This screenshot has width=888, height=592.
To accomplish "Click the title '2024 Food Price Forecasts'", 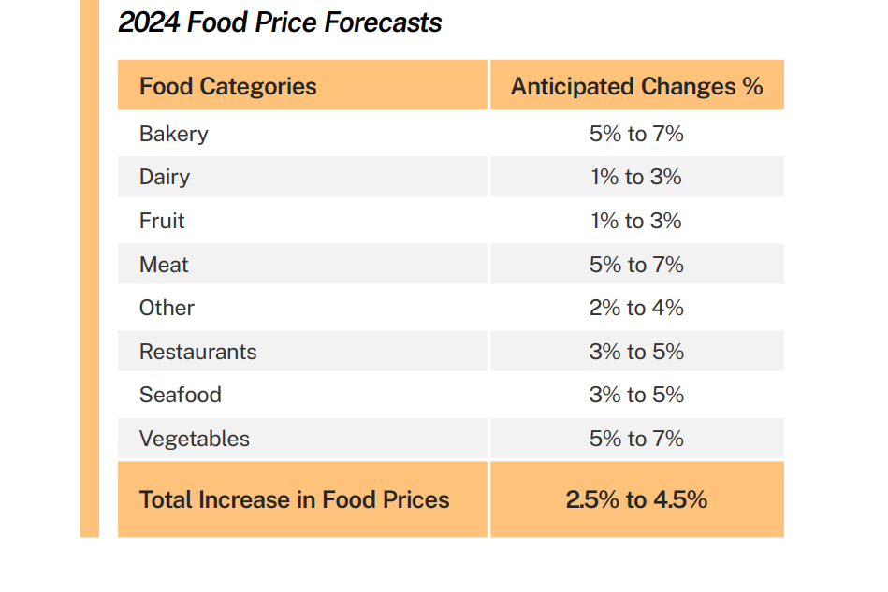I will tap(280, 22).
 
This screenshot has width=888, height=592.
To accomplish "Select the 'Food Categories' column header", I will tap(227, 87).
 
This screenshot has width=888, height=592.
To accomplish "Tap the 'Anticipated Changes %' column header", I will tap(636, 87).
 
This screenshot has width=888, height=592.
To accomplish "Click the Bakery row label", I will tap(173, 134).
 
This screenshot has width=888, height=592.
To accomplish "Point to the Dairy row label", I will tap(164, 177).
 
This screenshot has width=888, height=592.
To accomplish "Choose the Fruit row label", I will tap(162, 221).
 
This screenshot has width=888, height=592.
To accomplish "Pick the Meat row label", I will tap(164, 265).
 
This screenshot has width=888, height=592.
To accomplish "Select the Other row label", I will tap(167, 308).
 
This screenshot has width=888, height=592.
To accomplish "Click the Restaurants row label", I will tap(197, 352).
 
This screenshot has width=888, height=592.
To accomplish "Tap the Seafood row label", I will tap(180, 395).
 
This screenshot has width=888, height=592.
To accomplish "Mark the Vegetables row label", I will tap(194, 439).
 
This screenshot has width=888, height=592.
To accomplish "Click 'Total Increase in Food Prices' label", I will tap(294, 499).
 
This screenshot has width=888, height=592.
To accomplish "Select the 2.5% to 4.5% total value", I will tap(636, 499).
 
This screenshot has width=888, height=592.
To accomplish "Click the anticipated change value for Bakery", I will tap(636, 134).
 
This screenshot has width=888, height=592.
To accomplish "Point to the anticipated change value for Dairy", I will tap(636, 177).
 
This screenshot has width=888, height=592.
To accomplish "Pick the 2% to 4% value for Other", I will tap(636, 308).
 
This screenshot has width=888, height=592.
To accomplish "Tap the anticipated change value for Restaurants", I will tap(636, 352).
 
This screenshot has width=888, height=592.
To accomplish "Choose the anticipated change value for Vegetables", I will tap(636, 439).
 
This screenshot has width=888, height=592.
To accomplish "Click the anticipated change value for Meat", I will tap(636, 265).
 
